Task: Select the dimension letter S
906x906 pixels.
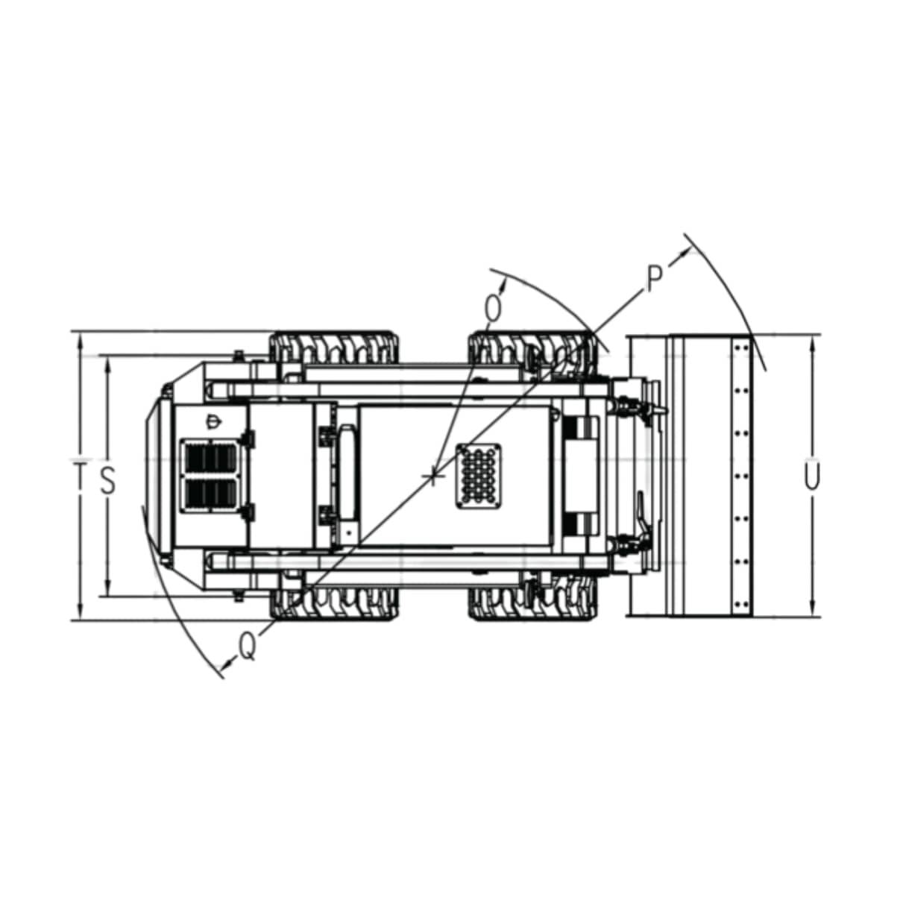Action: coord(108,480)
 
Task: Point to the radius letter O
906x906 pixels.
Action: coord(493,309)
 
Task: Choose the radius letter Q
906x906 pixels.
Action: coord(248,647)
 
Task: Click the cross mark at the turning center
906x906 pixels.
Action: coord(433,478)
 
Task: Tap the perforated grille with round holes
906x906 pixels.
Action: coord(478,476)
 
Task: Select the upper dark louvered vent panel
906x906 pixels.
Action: coord(210,458)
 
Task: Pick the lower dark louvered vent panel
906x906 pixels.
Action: coord(210,496)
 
